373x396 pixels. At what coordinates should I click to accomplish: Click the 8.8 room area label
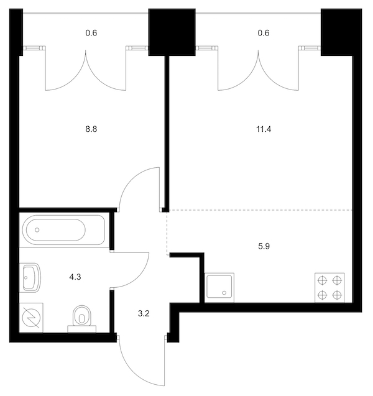coord(91,129)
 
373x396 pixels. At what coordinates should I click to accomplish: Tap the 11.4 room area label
coord(264,129)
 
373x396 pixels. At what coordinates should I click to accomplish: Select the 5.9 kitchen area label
coord(264,246)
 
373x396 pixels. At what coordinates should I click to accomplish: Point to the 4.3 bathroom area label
coord(75,277)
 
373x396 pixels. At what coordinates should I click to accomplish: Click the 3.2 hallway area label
coord(144,314)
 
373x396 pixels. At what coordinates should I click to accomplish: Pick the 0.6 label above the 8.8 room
coord(91,33)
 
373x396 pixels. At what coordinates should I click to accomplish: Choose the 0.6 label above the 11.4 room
coord(264,33)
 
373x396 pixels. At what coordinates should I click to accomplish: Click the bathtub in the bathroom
coord(63,230)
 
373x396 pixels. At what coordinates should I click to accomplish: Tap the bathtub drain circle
coord(37,230)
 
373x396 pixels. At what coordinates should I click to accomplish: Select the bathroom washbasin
coord(30,277)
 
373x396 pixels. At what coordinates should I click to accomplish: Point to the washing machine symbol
coord(31,318)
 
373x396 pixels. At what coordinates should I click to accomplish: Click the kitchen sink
coord(219,288)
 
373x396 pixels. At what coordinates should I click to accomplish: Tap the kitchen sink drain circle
coord(224,293)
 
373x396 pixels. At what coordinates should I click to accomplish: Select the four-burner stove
coord(330,288)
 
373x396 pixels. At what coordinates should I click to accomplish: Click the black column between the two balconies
coord(172,32)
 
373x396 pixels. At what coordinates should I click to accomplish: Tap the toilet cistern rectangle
coord(82,329)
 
